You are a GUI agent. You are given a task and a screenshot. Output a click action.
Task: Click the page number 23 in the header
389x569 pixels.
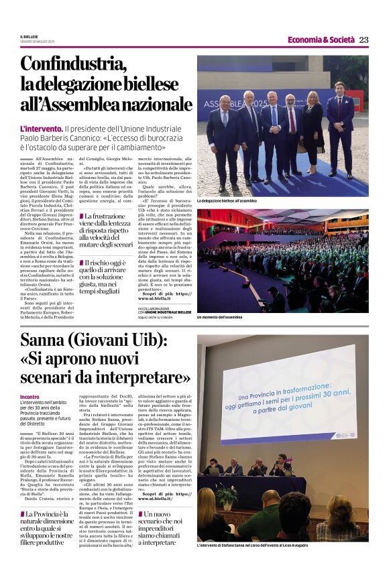pos(364,40)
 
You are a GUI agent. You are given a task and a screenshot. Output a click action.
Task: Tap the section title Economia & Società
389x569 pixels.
pos(321,40)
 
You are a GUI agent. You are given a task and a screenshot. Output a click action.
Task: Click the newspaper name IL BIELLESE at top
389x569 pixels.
pos(29,36)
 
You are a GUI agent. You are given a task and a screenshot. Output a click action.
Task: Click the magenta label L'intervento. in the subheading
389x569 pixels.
pos(41,128)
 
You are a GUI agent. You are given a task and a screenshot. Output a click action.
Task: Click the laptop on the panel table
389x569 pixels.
pos(215,470)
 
